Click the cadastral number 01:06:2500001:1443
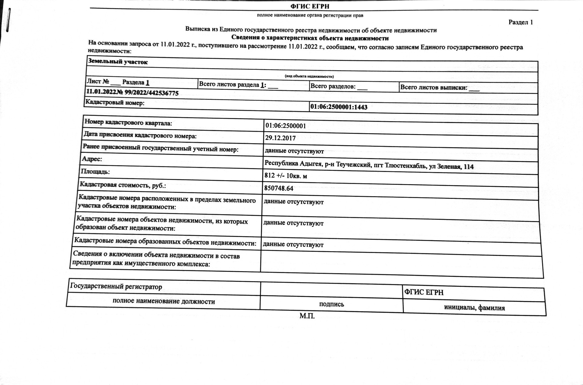tap(339, 107)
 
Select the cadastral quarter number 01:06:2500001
tap(285, 126)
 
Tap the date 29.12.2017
tap(280, 138)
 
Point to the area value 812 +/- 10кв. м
tap(285, 176)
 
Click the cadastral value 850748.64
tap(278, 188)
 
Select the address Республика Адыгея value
tap(369, 165)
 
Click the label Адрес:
tap(92, 159)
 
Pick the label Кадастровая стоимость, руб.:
tap(123, 185)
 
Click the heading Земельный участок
tap(118, 62)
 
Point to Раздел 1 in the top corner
tap(520, 22)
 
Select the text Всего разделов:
tap(333, 86)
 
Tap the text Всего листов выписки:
tap(434, 88)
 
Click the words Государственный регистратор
tap(116, 287)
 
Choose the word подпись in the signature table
tap(332, 304)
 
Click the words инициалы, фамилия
tap(474, 308)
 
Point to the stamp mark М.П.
tap(307, 316)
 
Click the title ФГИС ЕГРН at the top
tap(310, 6)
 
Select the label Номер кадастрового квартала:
tap(128, 123)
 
